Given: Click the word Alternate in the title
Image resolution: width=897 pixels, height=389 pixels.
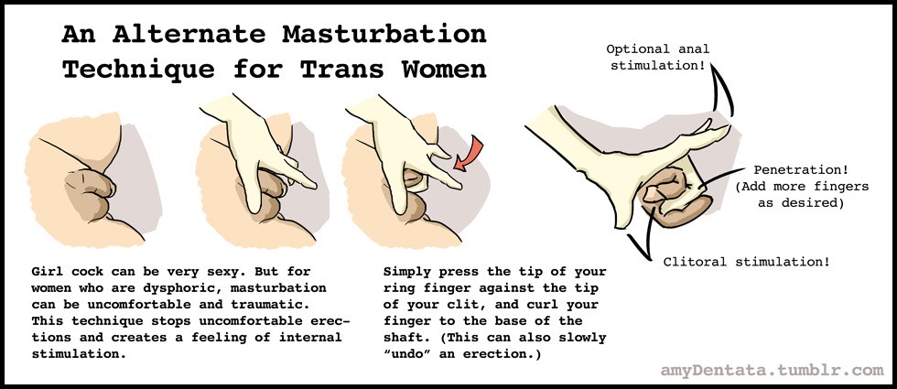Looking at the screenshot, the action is [189, 35].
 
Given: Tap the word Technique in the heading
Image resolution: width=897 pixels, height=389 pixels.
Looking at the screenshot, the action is [138, 70].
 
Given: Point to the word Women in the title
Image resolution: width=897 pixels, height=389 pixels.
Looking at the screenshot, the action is [444, 70].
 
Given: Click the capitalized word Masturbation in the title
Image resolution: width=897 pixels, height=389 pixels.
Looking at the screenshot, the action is [384, 35].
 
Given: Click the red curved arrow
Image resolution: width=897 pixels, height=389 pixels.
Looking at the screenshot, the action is [469, 155].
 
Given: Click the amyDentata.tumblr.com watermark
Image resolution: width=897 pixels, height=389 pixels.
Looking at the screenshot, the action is [772, 370].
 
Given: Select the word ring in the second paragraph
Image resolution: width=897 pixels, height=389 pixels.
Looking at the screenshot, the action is [400, 287].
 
